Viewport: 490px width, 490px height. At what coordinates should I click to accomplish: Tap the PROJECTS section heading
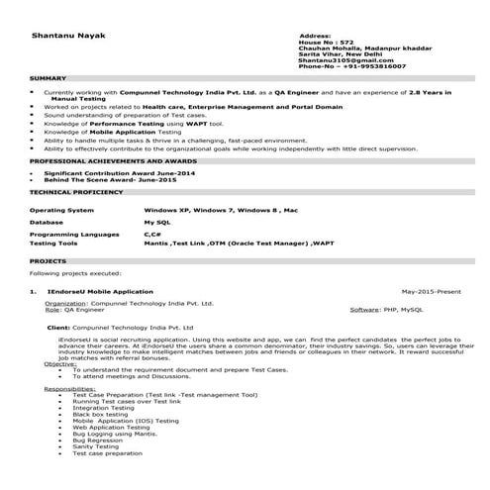pos(49,261)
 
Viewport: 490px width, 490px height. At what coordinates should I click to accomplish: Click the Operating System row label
pos(61,211)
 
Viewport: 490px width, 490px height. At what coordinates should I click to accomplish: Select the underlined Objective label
pos(60,364)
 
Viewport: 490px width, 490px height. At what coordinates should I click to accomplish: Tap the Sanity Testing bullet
pos(95,445)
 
